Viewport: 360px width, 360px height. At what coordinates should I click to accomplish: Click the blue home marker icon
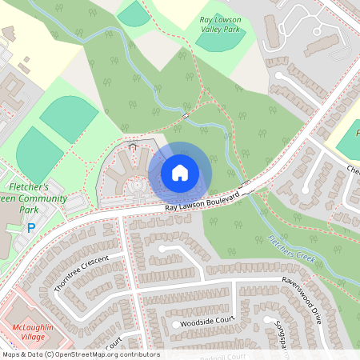coord(180,172)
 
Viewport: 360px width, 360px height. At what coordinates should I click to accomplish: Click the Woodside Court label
coord(207,322)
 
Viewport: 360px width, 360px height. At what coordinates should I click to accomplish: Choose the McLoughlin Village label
coord(35,333)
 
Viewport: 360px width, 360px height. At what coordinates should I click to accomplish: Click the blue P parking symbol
coord(32,228)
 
